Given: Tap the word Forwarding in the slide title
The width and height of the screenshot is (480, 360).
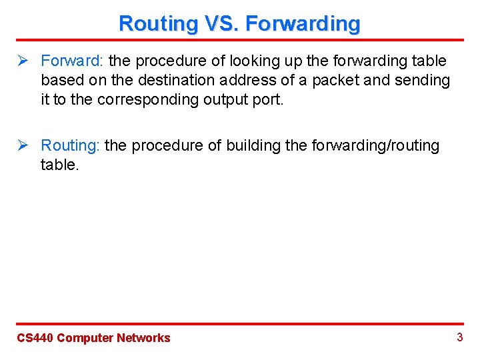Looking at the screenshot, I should (x=303, y=23).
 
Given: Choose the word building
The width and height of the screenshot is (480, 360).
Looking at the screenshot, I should (x=255, y=146).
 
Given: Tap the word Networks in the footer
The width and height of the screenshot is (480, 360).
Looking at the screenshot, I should (x=143, y=338).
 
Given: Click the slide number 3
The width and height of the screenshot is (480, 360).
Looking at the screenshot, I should (x=459, y=337).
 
